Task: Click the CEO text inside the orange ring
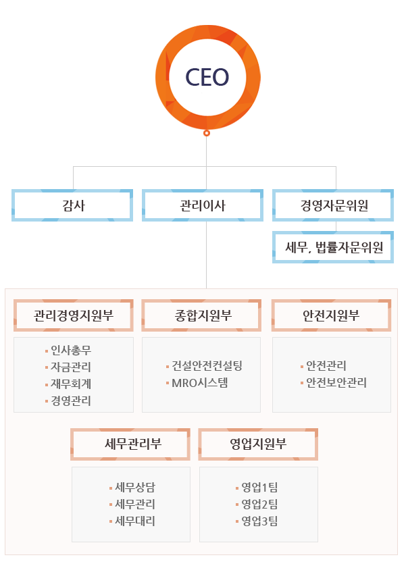207,77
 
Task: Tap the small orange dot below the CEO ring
207,133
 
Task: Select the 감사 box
72,205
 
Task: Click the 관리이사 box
203,205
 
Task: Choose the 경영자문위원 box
333,205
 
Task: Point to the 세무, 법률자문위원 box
333,247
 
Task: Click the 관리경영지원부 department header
74,315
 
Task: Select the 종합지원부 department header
201,315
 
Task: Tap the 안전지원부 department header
332,315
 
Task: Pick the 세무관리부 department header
130,444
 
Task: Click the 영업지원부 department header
258,444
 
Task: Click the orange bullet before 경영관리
47,401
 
